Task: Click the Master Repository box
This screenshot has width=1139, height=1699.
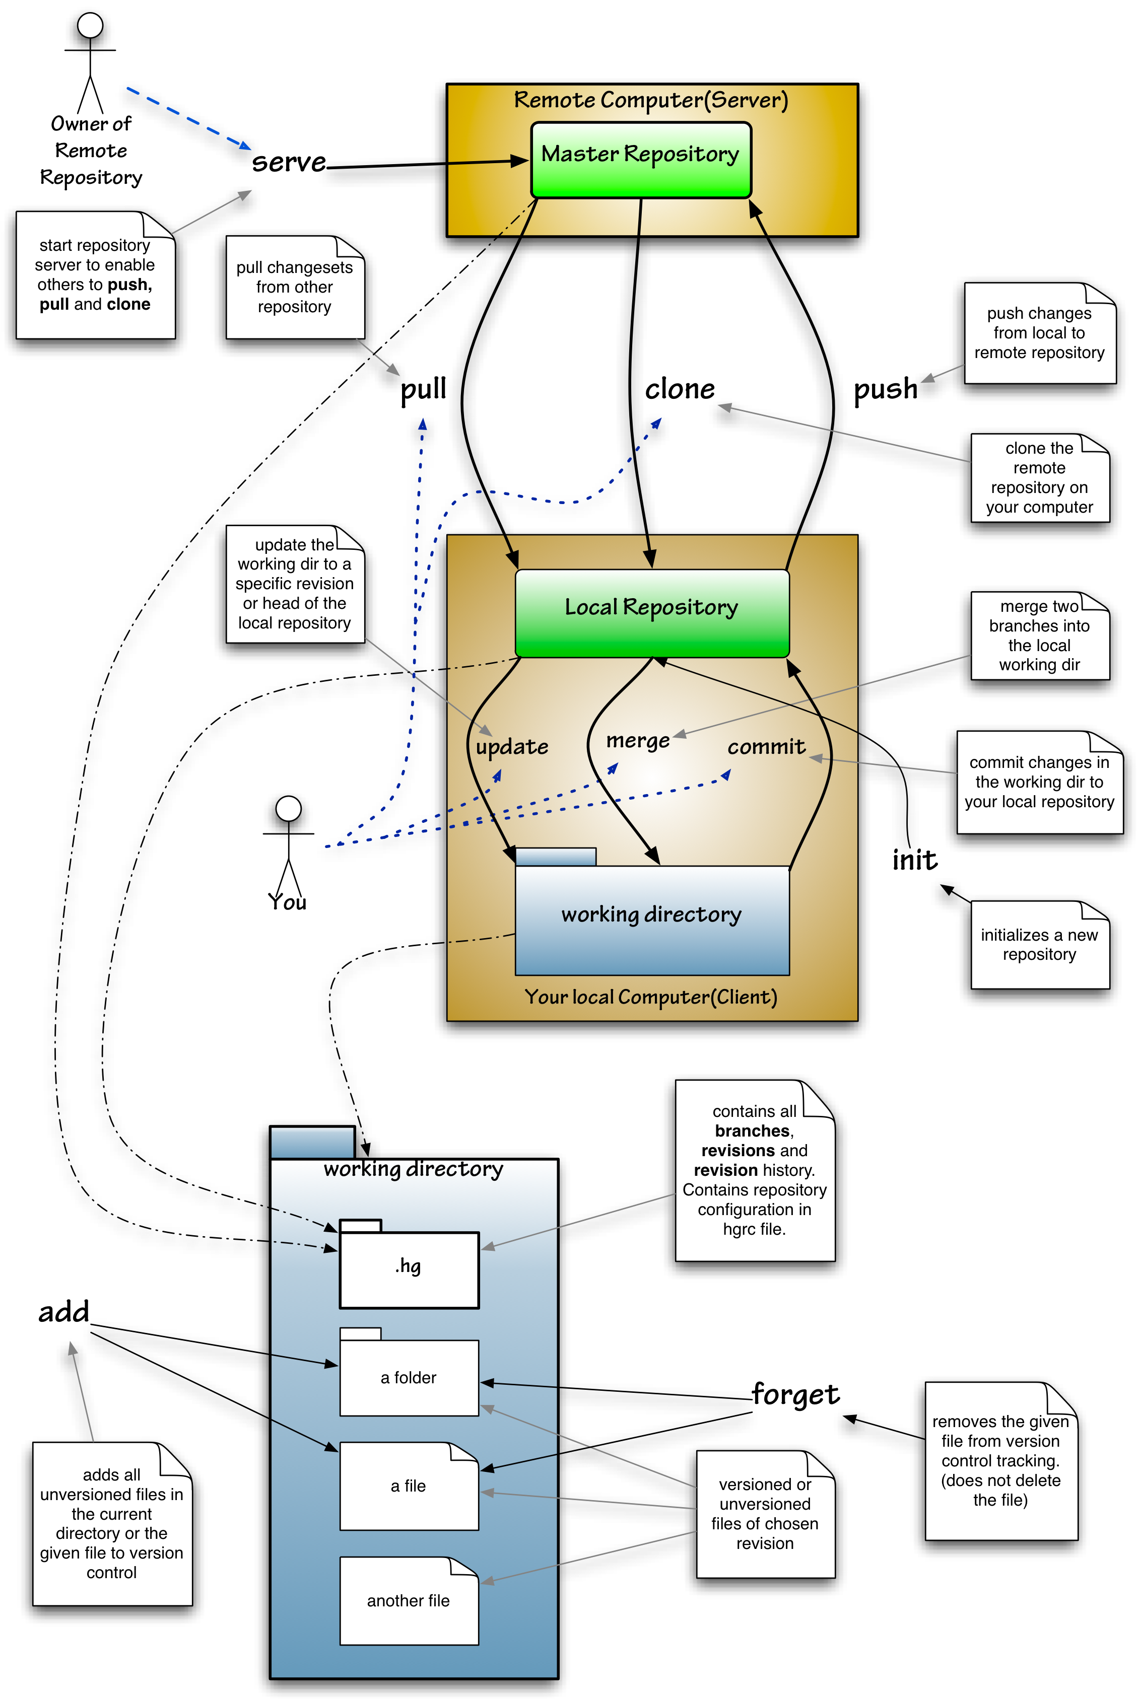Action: [x=641, y=160]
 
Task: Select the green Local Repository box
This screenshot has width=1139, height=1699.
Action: [x=651, y=612]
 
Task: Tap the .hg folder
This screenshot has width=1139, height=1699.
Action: [x=409, y=1268]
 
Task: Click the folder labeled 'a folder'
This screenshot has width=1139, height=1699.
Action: [x=409, y=1377]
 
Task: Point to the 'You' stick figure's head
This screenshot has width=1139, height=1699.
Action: [x=288, y=809]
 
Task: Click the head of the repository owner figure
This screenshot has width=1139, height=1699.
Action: [x=90, y=26]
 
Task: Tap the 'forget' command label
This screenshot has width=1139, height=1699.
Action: [x=796, y=1394]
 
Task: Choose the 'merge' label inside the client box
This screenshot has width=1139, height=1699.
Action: [x=638, y=741]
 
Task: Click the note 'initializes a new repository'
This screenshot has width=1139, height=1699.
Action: [x=1039, y=945]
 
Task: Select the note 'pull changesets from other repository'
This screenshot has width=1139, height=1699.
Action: [x=294, y=288]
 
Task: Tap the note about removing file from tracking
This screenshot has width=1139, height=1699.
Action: [x=1000, y=1460]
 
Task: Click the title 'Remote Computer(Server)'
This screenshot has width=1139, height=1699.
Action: [x=651, y=100]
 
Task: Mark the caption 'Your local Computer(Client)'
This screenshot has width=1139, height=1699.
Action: [x=651, y=997]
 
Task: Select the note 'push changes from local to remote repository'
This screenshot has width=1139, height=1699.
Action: [x=1039, y=333]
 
